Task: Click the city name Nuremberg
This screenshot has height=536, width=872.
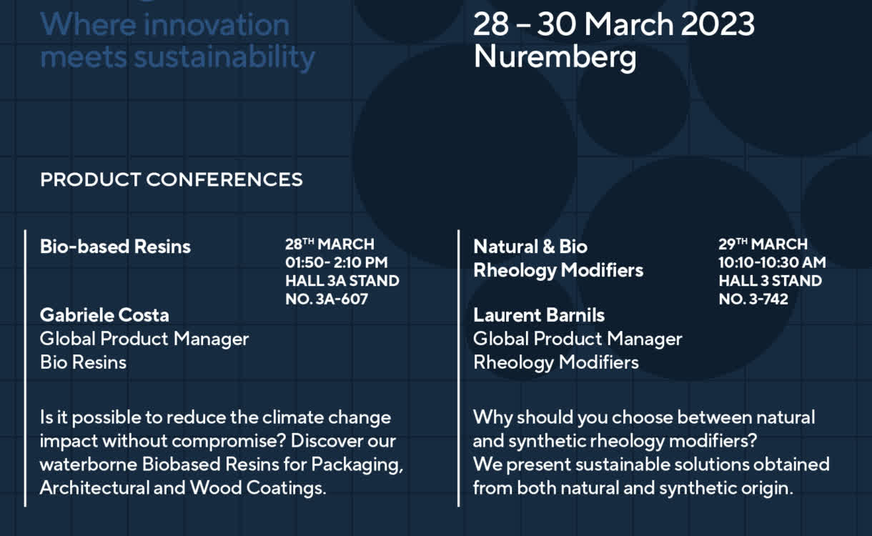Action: [x=555, y=58]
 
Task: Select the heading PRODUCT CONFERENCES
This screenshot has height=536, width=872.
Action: [x=172, y=179]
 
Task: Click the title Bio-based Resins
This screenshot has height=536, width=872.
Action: [x=115, y=247]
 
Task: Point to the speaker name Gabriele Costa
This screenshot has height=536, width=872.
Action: [x=104, y=315]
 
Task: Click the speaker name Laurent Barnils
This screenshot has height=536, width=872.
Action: [x=539, y=315]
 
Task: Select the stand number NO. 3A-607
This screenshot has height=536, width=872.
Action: [x=327, y=299]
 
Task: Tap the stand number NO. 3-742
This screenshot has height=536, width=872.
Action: [x=753, y=299]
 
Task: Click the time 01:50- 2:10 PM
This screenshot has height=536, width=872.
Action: [x=337, y=262]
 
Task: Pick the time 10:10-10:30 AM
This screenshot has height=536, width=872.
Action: [x=773, y=262]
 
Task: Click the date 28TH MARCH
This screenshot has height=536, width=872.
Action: [x=330, y=244]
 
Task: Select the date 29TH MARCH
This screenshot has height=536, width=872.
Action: [x=763, y=244]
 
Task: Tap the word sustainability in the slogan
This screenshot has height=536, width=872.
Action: [x=224, y=58]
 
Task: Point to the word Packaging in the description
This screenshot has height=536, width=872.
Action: [x=357, y=465]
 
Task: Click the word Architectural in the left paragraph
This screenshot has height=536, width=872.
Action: [x=94, y=487]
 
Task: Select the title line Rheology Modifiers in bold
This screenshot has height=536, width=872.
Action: [x=558, y=271]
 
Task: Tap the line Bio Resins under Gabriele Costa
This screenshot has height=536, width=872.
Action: [x=84, y=362]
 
